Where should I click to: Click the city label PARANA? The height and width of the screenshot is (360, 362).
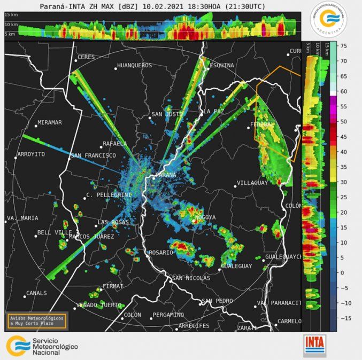pos(166,175)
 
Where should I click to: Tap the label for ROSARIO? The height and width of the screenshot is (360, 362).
pos(161,252)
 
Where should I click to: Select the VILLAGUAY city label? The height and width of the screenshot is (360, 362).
pos(252,183)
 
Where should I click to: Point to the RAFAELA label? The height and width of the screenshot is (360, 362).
pos(115,144)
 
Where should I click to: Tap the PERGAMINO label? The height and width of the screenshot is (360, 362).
pos(168,315)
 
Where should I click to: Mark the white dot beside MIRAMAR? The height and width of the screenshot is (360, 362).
pos(36,126)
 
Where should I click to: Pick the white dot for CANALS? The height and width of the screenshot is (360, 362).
pos(25,296)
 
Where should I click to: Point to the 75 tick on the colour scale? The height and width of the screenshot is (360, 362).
pos(344,46)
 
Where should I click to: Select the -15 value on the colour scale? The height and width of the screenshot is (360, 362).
pos(344,318)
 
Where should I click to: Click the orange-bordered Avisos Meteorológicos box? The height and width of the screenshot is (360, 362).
pos(36,320)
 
